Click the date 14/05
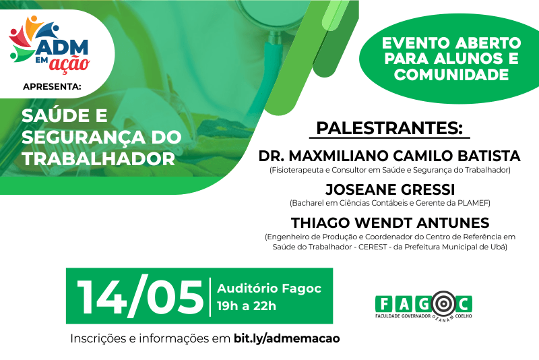pyautogui.click(x=140, y=297)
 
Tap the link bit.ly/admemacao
pyautogui.click(x=287, y=338)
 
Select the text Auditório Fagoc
pyautogui.click(x=269, y=288)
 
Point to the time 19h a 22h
pyautogui.click(x=247, y=305)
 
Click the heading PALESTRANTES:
pyautogui.click(x=389, y=128)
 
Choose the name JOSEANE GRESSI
pyautogui.click(x=390, y=189)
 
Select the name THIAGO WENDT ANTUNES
pyautogui.click(x=390, y=222)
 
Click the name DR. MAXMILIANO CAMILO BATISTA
pyautogui.click(x=389, y=156)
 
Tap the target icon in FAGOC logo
pyautogui.click(x=444, y=304)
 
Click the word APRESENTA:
pyautogui.click(x=52, y=87)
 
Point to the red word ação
pyautogui.click(x=69, y=63)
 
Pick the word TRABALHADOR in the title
pyautogui.click(x=98, y=159)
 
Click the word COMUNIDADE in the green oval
pyautogui.click(x=451, y=75)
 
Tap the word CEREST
pyautogui.click(x=373, y=247)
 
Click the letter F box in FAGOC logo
pyautogui.click(x=383, y=304)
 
